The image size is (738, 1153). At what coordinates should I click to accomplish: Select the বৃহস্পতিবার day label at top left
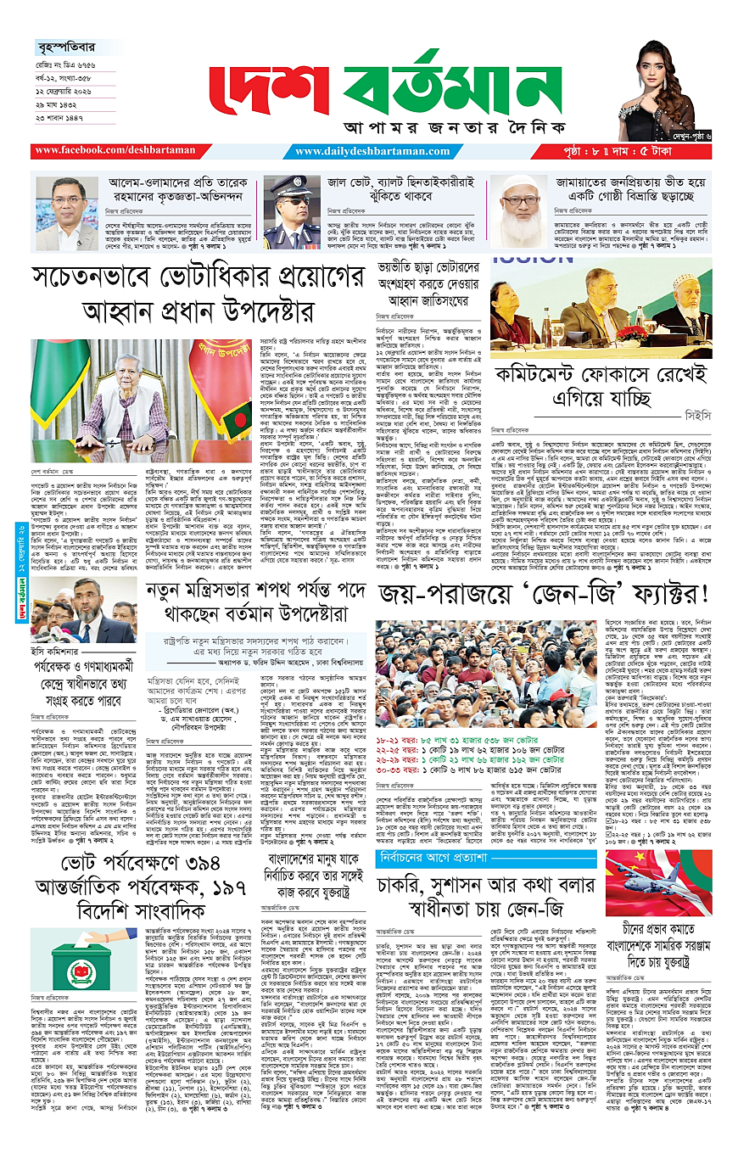pos(63,48)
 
